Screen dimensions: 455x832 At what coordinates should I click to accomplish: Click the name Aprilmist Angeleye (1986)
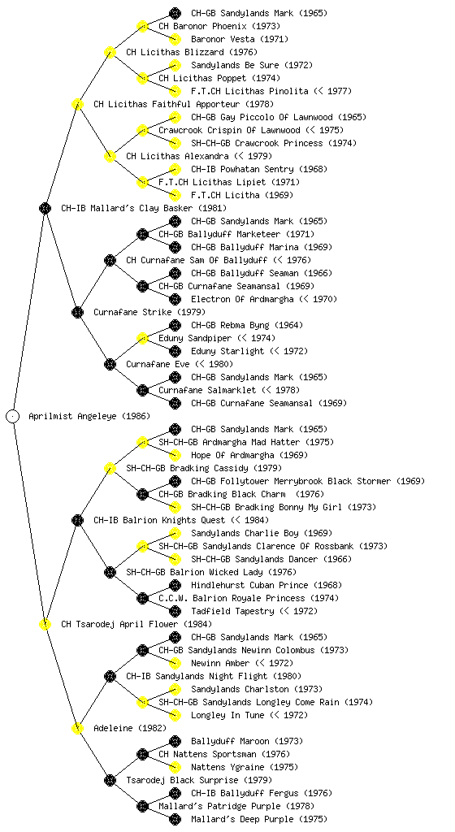tap(89, 417)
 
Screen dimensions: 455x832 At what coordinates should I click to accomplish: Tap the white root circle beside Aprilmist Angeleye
tap(13, 416)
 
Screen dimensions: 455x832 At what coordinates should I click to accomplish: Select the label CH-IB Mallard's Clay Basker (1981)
tap(144, 209)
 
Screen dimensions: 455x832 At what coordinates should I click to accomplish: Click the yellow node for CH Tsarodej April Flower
tap(45, 624)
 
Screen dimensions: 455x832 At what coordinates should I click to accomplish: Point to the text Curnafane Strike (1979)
tap(149, 313)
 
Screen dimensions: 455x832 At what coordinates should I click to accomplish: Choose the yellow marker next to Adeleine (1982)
tap(77, 728)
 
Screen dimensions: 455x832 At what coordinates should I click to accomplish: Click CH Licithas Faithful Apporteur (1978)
tap(184, 105)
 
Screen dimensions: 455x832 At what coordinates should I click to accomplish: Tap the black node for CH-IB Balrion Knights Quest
tap(77, 520)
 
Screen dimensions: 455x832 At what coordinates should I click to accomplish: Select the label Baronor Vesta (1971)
tap(240, 39)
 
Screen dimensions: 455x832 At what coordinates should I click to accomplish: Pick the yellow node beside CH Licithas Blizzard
tap(110, 52)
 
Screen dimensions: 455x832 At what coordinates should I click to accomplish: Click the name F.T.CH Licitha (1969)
tap(242, 195)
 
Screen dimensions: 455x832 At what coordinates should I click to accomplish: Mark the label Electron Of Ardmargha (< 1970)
tap(264, 299)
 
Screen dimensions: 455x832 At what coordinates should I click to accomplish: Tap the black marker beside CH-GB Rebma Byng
tap(175, 325)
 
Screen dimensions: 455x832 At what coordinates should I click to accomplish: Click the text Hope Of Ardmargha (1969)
tap(249, 455)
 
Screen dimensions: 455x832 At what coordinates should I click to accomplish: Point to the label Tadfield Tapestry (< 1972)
tap(254, 611)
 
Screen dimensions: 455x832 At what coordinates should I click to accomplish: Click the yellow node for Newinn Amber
tap(175, 663)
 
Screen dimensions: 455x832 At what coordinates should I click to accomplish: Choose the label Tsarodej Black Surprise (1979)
tap(199, 781)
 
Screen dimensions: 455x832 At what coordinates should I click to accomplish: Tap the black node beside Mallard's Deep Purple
tap(175, 819)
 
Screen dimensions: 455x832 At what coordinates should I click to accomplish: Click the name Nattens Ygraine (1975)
tap(245, 767)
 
